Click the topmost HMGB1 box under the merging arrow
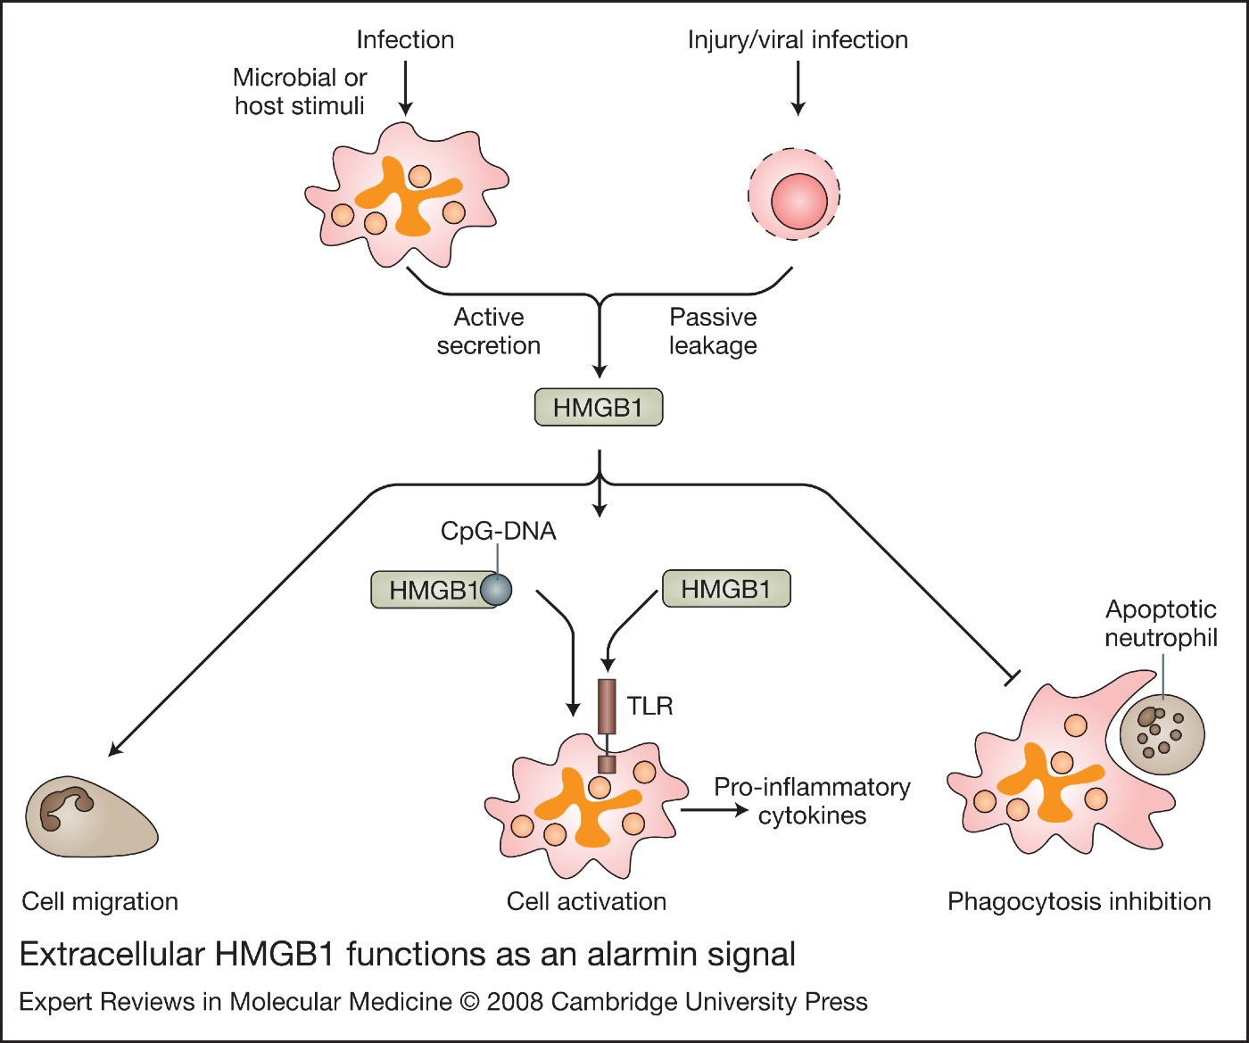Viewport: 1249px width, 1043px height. [598, 408]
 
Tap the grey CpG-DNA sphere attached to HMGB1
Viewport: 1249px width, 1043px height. [496, 590]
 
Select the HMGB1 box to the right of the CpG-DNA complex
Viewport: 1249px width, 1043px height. [725, 589]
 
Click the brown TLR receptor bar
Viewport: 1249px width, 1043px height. [607, 706]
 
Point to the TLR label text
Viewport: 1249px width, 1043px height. [649, 706]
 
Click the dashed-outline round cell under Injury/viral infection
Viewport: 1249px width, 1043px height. [794, 194]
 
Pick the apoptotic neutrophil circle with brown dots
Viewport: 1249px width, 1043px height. [1162, 734]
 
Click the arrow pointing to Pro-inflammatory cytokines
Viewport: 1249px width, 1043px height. [714, 809]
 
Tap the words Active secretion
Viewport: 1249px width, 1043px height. [488, 331]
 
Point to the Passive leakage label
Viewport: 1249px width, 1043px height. [713, 331]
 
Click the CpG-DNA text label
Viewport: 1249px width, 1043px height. [498, 531]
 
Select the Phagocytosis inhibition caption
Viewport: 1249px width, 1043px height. [1079, 901]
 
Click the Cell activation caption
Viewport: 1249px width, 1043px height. [586, 901]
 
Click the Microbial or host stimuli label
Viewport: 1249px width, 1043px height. [300, 91]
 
